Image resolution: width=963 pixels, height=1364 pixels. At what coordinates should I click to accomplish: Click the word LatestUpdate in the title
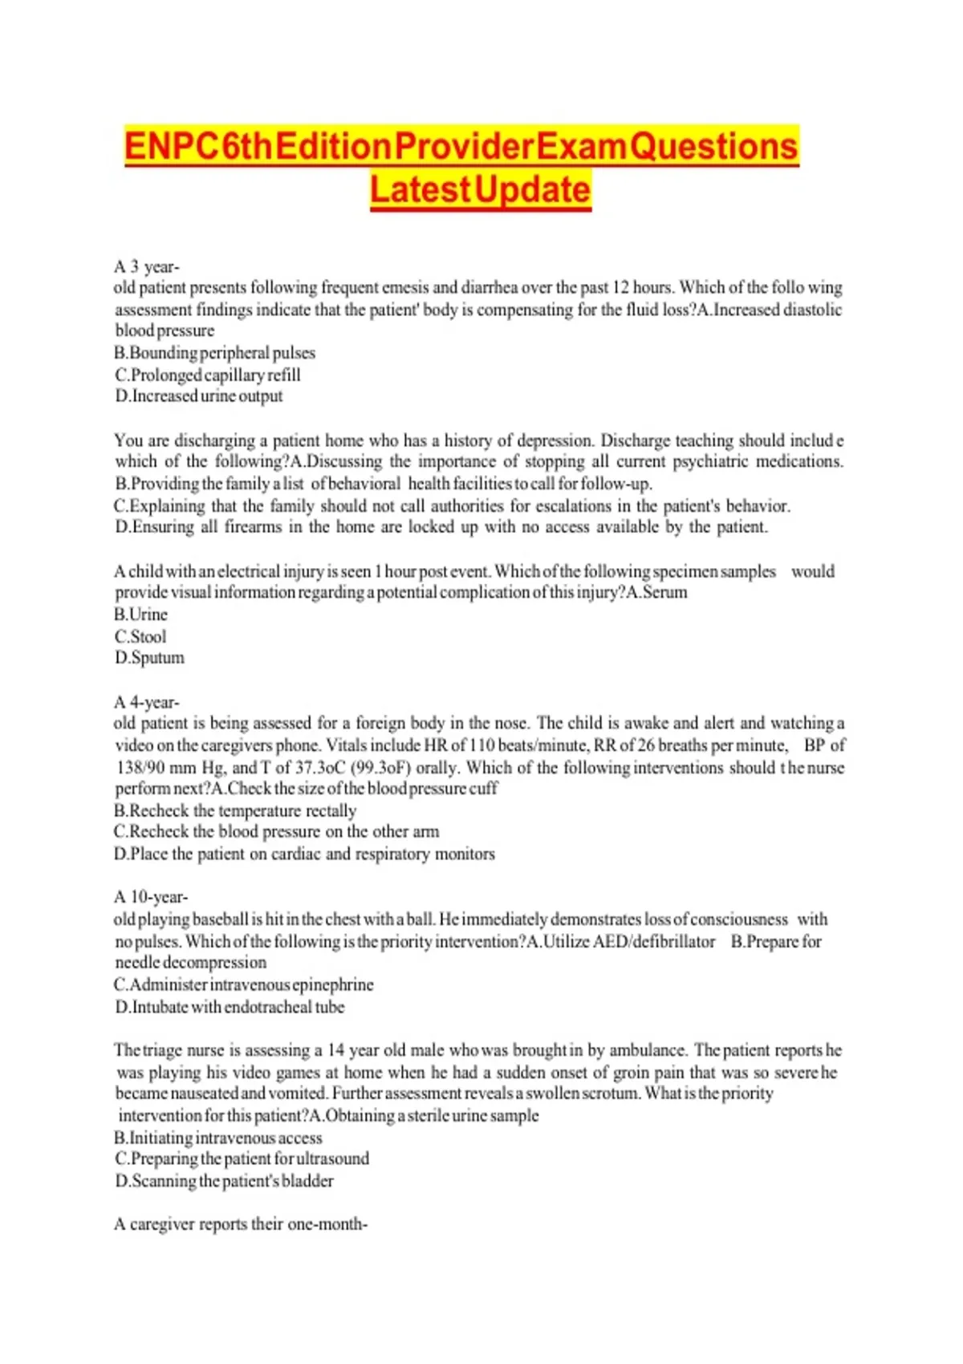[480, 190]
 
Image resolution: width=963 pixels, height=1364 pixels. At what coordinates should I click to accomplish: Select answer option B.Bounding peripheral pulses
[215, 353]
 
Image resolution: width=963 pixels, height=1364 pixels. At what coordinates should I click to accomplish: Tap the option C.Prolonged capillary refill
[208, 375]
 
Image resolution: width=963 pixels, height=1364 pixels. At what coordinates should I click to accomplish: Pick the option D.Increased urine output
[199, 396]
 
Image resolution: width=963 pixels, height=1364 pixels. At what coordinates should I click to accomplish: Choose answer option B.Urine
[141, 615]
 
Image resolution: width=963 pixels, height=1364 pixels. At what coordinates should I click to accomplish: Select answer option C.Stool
[140, 636]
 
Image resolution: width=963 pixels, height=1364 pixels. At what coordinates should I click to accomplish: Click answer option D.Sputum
[149, 658]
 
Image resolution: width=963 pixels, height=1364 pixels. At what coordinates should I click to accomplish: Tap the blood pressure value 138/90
[139, 767]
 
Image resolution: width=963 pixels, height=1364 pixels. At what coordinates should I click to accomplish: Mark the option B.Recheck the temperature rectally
[235, 810]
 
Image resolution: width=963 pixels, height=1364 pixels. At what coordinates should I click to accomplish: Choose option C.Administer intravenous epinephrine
[244, 984]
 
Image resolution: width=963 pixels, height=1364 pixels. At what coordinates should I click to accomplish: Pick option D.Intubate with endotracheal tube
[230, 1006]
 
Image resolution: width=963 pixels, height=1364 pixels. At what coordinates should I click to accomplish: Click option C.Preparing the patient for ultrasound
[242, 1159]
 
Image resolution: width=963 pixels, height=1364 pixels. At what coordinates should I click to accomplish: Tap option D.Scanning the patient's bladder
[224, 1180]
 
